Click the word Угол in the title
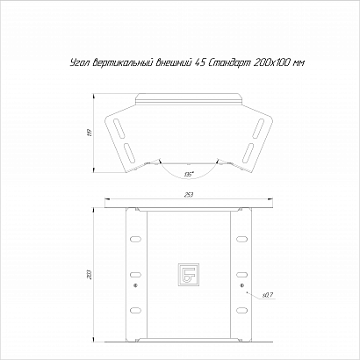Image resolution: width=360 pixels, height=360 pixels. point(79,62)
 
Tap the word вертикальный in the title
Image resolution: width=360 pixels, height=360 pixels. point(123,62)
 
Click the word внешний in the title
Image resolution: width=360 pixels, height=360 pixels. point(173,62)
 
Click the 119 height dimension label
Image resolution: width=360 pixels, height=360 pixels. point(90,133)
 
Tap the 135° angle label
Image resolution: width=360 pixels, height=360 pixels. point(188,175)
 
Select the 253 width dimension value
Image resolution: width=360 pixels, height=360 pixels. point(189,195)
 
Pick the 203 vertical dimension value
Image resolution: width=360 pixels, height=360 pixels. point(90,275)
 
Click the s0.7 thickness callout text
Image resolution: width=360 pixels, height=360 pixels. point(268,296)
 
